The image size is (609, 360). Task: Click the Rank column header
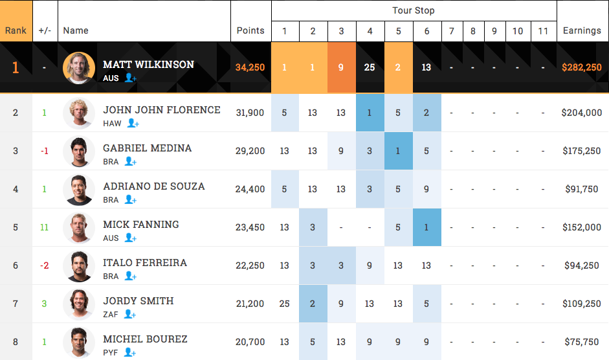coord(16,30)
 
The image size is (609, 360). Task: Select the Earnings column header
coord(582,30)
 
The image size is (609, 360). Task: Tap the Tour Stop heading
coord(414,10)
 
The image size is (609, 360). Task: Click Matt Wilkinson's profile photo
coord(79,68)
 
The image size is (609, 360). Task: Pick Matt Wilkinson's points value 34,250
coord(250,67)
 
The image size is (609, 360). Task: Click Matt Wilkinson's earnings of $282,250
coord(582,67)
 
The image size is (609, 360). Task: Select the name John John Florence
coord(162,110)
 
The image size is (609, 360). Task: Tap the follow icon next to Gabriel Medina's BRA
coord(131,161)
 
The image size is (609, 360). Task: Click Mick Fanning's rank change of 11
coord(45,227)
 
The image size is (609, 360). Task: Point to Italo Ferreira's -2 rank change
coord(45,265)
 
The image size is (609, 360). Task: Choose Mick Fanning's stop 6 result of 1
coord(426,227)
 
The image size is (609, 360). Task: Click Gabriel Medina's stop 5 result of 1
coord(398,151)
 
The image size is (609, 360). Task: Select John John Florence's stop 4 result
coord(370,113)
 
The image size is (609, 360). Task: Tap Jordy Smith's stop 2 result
coord(313,304)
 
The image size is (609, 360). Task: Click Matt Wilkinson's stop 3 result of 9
coord(341,67)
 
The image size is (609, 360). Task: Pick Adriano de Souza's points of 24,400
coord(250,189)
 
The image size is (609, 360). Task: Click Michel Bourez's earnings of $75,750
coord(582,342)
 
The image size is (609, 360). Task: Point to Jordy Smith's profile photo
coord(79,304)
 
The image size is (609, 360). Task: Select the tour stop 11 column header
coord(544,31)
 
